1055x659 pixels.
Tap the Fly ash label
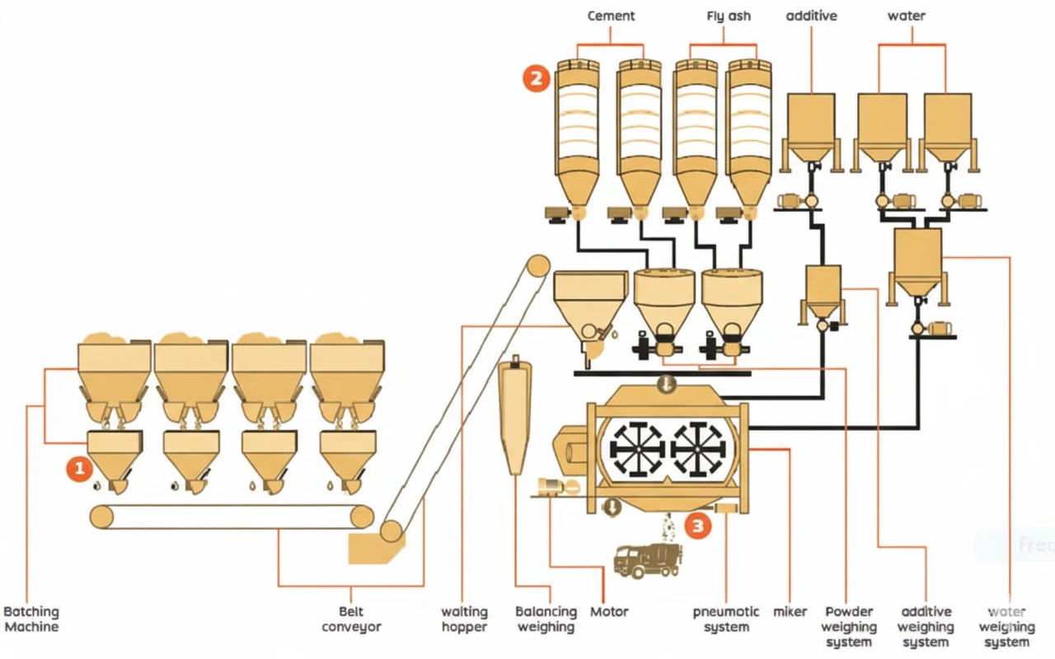(728, 16)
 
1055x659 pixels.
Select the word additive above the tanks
(812, 16)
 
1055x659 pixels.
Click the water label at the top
(906, 16)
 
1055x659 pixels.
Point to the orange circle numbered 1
(79, 469)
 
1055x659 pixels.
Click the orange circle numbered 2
(536, 78)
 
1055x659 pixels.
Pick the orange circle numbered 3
(698, 526)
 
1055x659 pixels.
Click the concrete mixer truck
(648, 560)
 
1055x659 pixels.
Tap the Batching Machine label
(31, 619)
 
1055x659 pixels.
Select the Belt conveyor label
(351, 619)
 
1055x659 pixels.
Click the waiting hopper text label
(464, 619)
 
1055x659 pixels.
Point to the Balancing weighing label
(546, 619)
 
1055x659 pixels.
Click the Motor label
(609, 612)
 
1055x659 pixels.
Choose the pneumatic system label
(726, 619)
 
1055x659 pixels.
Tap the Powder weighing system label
(849, 627)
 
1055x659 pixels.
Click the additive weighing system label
(926, 627)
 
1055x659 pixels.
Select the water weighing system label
(1006, 627)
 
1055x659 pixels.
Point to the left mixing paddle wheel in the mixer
(637, 449)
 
